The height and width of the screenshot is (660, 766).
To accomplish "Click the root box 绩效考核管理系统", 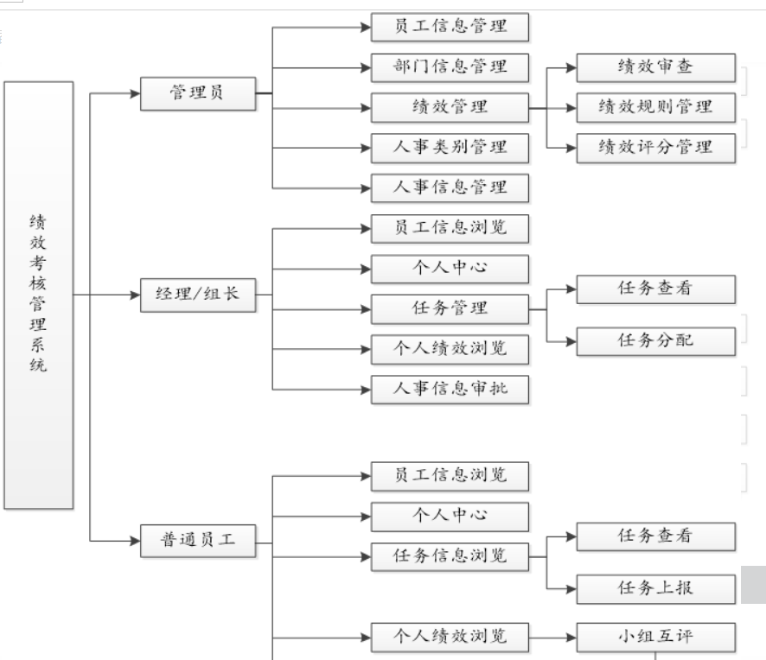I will [38, 295].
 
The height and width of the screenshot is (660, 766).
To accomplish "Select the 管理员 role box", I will [198, 92].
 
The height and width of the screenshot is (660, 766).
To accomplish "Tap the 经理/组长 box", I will [198, 295].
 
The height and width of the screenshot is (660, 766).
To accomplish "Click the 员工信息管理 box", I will [450, 28].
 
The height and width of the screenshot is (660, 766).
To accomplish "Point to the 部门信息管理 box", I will [450, 67].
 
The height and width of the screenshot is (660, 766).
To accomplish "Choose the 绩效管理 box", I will [450, 108].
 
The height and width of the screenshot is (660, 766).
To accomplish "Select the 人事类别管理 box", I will [450, 148].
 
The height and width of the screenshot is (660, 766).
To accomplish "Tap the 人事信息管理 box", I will [450, 187].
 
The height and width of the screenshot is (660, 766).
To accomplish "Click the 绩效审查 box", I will [656, 67].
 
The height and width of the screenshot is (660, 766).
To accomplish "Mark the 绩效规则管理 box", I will [656, 108].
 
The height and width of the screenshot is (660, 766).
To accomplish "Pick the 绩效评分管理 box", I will [656, 148].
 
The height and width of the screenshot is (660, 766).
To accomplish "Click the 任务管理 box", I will [450, 308].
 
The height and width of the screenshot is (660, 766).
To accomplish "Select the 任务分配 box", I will [656, 341].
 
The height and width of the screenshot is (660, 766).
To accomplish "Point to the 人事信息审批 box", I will [450, 389].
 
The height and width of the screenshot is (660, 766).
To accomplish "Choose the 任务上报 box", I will [656, 589].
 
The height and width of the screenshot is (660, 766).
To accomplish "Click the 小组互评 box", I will [656, 638].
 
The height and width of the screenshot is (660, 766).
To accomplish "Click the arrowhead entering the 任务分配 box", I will [570, 341].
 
